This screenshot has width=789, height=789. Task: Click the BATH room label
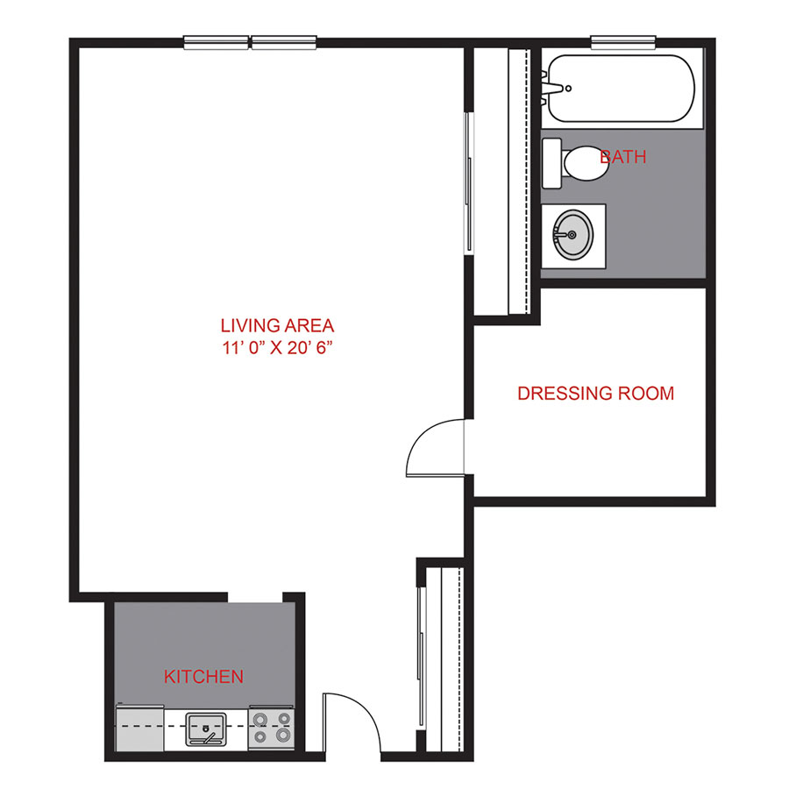tap(623, 158)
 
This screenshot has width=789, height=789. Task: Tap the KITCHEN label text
tap(203, 677)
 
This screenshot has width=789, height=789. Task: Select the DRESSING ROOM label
tap(596, 394)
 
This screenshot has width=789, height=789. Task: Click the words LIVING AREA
tap(278, 324)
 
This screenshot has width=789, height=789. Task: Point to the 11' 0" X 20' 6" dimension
tap(278, 347)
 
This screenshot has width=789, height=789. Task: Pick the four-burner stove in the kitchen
tap(271, 727)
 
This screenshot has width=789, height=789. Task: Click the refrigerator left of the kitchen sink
tap(139, 728)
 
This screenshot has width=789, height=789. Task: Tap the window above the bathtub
tap(623, 40)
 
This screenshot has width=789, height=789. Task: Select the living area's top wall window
tap(251, 40)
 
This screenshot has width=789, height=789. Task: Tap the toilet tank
tap(551, 163)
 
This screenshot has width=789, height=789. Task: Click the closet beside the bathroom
tap(517, 180)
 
